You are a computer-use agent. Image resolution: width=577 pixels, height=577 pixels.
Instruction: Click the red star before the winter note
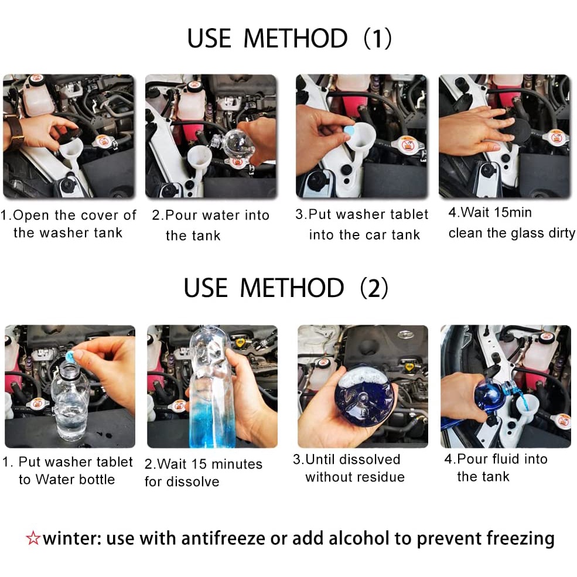coord(33,538)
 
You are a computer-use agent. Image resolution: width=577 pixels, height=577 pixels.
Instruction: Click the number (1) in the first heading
coord(378,38)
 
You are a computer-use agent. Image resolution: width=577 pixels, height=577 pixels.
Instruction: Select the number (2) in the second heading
coord(374,288)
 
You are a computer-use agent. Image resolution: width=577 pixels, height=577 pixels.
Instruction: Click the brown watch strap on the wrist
coord(14,131)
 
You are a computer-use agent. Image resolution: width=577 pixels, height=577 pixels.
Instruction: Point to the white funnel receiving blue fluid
coord(526,405)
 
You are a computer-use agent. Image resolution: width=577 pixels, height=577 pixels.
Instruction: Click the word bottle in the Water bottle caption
coord(94,480)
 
